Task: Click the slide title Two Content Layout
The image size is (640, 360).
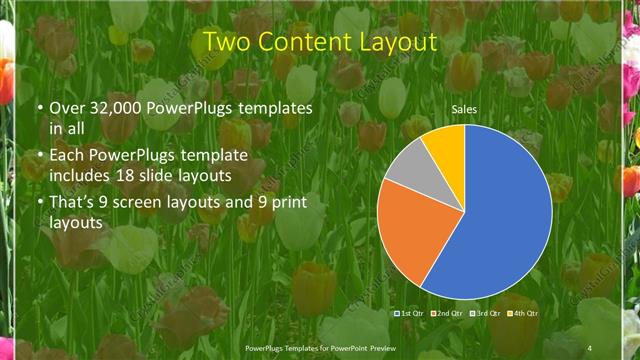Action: [319, 43]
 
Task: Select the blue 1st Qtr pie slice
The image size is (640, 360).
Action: [500, 220]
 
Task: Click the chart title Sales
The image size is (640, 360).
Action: [463, 108]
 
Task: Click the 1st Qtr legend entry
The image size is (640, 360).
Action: [408, 313]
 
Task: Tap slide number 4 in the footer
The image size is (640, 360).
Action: [589, 347]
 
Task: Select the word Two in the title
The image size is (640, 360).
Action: [226, 43]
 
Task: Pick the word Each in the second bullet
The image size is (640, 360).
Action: [66, 155]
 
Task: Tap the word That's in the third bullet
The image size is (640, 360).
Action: [73, 203]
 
